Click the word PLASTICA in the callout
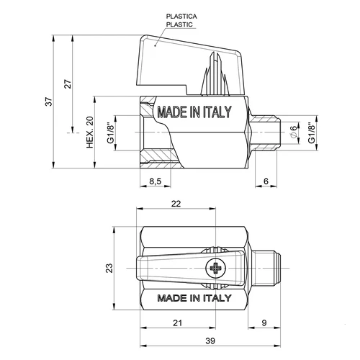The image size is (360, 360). [181, 15]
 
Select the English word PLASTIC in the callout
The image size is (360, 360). [180, 24]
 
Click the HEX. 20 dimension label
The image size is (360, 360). [90, 132]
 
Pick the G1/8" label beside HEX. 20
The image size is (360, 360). [109, 132]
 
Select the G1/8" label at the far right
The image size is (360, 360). [311, 132]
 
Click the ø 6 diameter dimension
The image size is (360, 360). [293, 132]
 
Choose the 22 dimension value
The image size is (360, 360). [176, 204]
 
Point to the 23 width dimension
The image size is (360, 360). [109, 269]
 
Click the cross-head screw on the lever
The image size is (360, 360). [215, 269]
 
